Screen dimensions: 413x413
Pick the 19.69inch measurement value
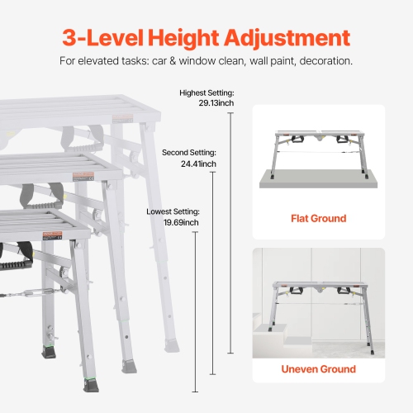(181, 223)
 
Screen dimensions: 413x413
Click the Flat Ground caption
(318, 219)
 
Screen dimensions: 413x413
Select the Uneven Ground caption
(318, 369)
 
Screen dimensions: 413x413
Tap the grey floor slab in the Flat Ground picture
(318, 178)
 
